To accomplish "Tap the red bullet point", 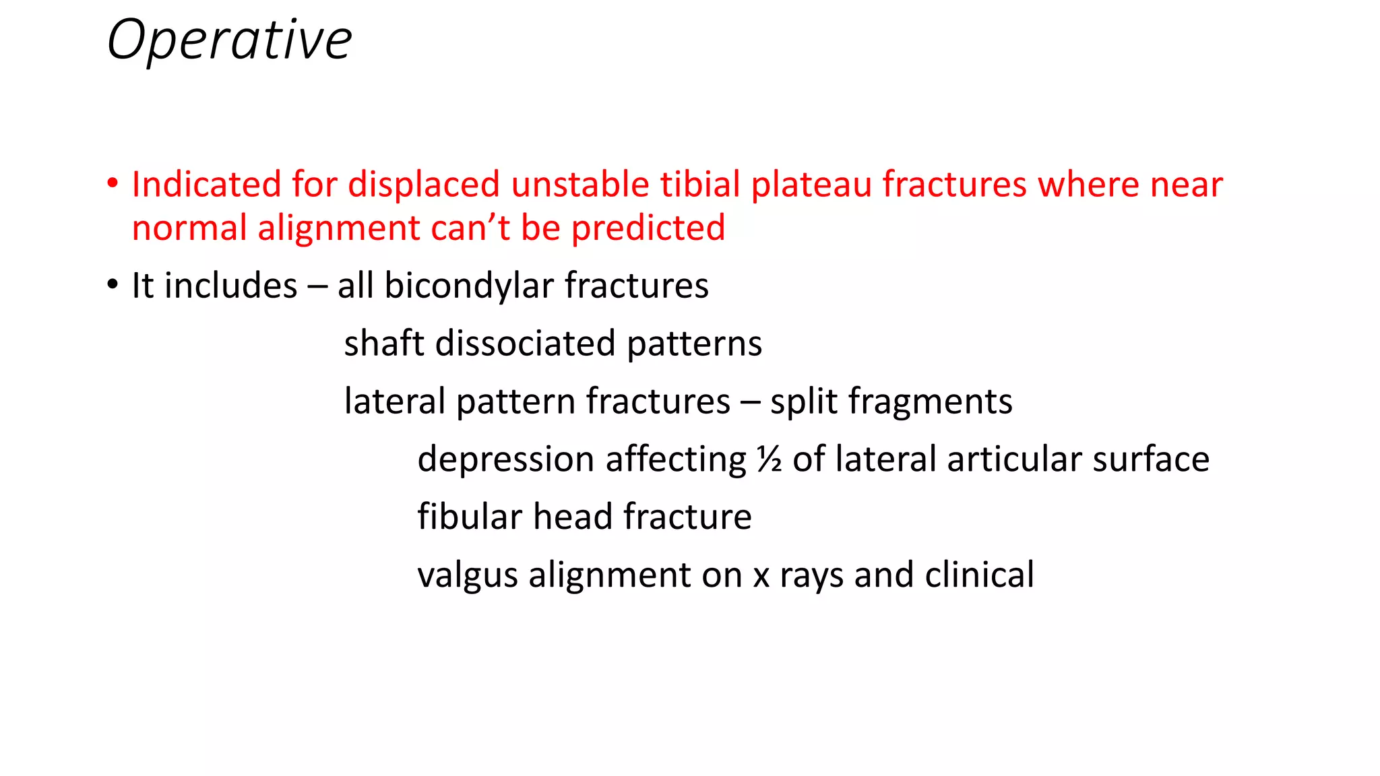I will (113, 184).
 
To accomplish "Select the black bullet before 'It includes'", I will (113, 285).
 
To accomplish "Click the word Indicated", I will (206, 184).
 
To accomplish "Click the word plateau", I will (811, 185).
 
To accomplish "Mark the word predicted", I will (648, 228).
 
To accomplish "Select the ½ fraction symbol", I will (770, 459).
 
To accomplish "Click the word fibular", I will (469, 517).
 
